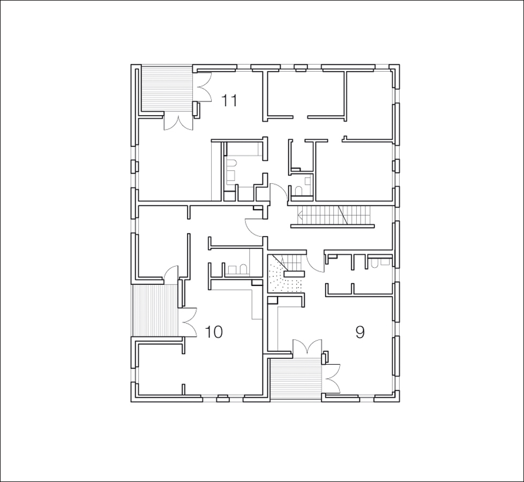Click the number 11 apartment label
point(229,101)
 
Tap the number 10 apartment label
point(213,332)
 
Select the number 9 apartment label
point(360,332)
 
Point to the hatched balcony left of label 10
point(155,310)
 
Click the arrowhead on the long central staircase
point(300,215)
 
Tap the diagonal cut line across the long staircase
point(343,215)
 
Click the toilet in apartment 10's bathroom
point(244,269)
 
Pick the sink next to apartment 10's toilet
point(231,269)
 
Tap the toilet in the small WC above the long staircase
point(298,191)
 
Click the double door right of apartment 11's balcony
point(203,87)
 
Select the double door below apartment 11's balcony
point(178,123)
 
